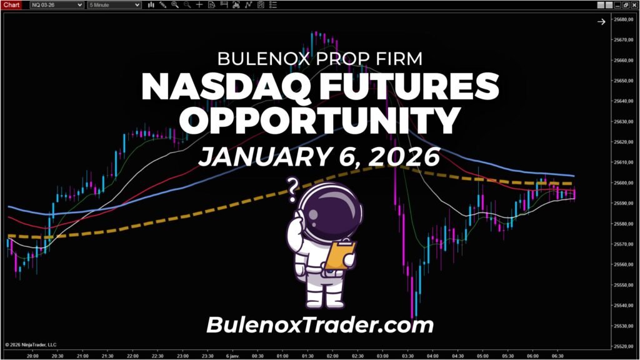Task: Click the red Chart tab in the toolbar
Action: coord(11,5)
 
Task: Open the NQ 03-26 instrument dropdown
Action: coord(56,5)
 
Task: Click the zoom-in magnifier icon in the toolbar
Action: coord(175,5)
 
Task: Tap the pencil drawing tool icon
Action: coord(163,5)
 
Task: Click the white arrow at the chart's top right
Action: coord(601,22)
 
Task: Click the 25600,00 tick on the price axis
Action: coord(622,183)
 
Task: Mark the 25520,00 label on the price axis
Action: coord(622,346)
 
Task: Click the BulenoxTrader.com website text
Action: coord(319,325)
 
